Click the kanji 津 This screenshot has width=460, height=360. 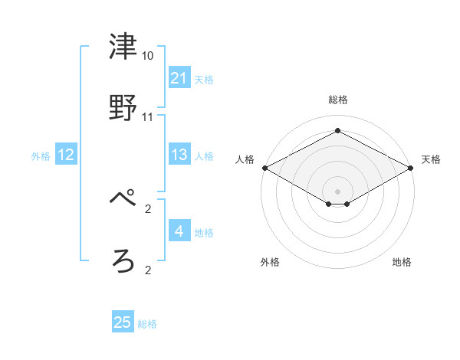(x=123, y=47)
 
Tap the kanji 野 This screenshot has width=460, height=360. (x=123, y=108)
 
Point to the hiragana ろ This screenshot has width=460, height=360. (x=123, y=260)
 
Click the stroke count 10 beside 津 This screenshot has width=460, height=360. (x=148, y=57)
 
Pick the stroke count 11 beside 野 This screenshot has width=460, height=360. (x=148, y=117)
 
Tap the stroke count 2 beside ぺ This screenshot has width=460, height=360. (x=148, y=208)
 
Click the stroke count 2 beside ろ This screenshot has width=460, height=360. (x=148, y=270)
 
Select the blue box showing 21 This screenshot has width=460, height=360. (x=179, y=78)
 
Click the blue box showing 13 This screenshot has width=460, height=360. (x=179, y=155)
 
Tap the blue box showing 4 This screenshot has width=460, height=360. (x=179, y=231)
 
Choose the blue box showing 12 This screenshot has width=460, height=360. (x=66, y=155)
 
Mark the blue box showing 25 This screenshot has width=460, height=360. (x=123, y=322)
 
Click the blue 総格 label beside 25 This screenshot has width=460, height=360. (x=147, y=324)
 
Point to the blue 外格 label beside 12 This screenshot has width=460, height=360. (x=41, y=156)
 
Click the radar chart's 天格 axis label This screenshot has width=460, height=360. (x=431, y=159)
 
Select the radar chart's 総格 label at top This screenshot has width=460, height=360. (x=337, y=100)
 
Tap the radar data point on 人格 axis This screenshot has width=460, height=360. (x=264, y=168)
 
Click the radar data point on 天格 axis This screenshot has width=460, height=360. (x=412, y=168)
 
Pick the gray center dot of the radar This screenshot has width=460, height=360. (x=337, y=191)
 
